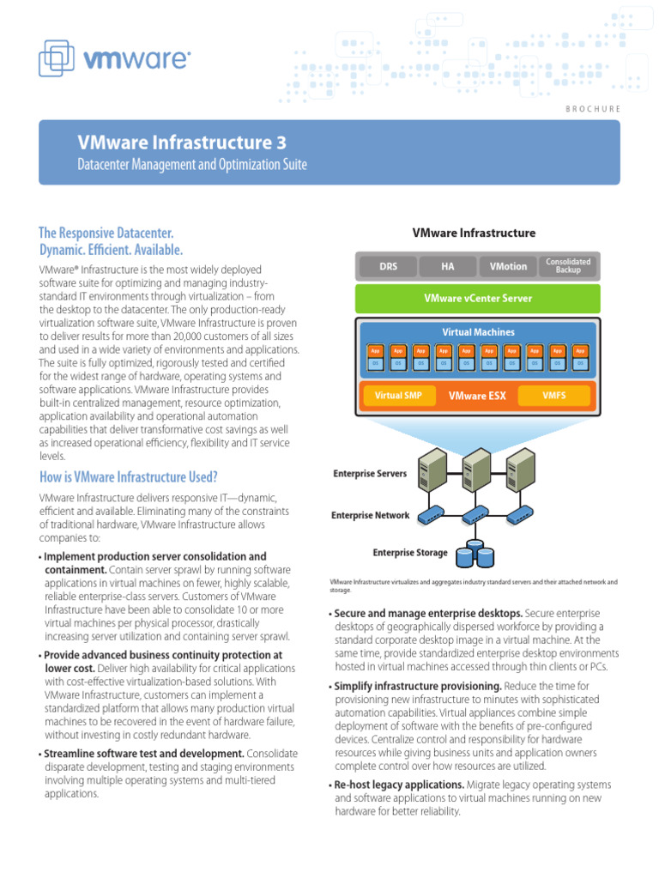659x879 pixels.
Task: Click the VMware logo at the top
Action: pyautogui.click(x=114, y=58)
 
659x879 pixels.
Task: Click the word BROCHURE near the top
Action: pyautogui.click(x=593, y=108)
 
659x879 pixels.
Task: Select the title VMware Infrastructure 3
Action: pyautogui.click(x=182, y=142)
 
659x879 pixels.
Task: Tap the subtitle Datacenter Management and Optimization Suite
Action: pyautogui.click(x=192, y=164)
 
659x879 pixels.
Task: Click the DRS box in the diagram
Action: pyautogui.click(x=388, y=266)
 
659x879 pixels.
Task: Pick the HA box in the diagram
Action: pyautogui.click(x=447, y=266)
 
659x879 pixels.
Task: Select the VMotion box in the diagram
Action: pyautogui.click(x=508, y=266)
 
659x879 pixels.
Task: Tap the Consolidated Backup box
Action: pyautogui.click(x=567, y=266)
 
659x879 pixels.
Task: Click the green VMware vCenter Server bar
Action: pyautogui.click(x=478, y=299)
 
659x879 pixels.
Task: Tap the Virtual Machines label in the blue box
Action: pyautogui.click(x=478, y=331)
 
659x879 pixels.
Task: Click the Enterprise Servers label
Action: pyautogui.click(x=370, y=473)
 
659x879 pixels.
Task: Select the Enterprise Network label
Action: pyautogui.click(x=370, y=516)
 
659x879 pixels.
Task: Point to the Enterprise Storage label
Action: pyautogui.click(x=409, y=553)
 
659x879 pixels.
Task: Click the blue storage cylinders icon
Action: pyautogui.click(x=475, y=554)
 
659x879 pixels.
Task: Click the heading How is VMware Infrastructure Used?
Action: pyautogui.click(x=129, y=476)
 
